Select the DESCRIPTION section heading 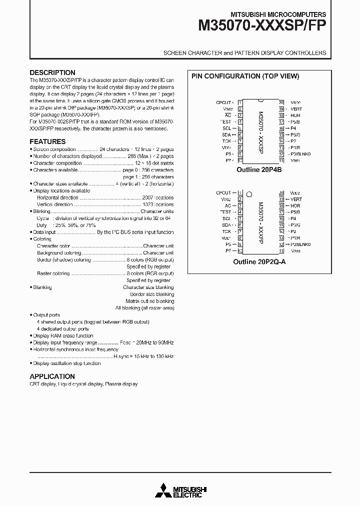[52, 72]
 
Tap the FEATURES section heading [47, 141]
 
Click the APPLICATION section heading [52, 376]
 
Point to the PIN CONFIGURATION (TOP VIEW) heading [245, 76]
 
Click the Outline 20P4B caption [259, 169]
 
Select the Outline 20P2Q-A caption [259, 261]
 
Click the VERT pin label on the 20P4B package [296, 108]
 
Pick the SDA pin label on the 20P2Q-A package [226, 225]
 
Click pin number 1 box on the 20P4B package [240, 102]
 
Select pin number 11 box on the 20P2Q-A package [281, 251]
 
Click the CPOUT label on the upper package [223, 102]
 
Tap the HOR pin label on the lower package [295, 205]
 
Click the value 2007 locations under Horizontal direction [158, 197]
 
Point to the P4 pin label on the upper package [293, 128]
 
